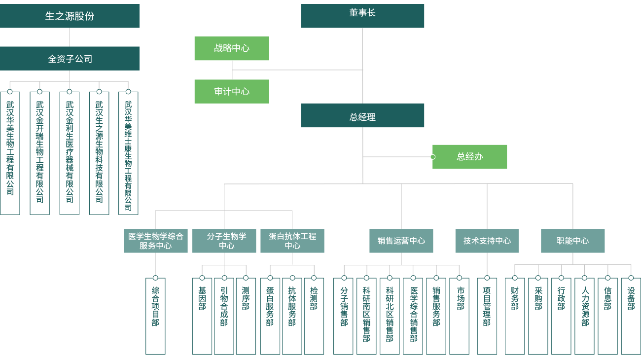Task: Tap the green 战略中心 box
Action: [x=232, y=48]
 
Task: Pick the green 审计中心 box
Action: [x=232, y=91]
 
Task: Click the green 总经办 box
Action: [x=470, y=157]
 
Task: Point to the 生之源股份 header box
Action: [x=70, y=16]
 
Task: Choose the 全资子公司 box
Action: [x=70, y=59]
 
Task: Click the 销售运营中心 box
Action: [x=401, y=241]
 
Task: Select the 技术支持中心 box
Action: [x=487, y=241]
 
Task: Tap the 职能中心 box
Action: [x=573, y=241]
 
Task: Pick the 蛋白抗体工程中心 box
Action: [x=292, y=241]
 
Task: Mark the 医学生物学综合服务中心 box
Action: [x=156, y=241]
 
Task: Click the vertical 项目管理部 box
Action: [x=487, y=316]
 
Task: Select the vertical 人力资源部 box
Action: [x=585, y=316]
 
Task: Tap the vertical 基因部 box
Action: [x=202, y=316]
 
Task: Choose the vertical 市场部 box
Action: [x=460, y=316]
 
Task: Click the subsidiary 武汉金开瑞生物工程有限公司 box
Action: [x=40, y=153]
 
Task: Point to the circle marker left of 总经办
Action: [x=432, y=157]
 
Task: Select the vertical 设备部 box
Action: [x=631, y=316]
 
